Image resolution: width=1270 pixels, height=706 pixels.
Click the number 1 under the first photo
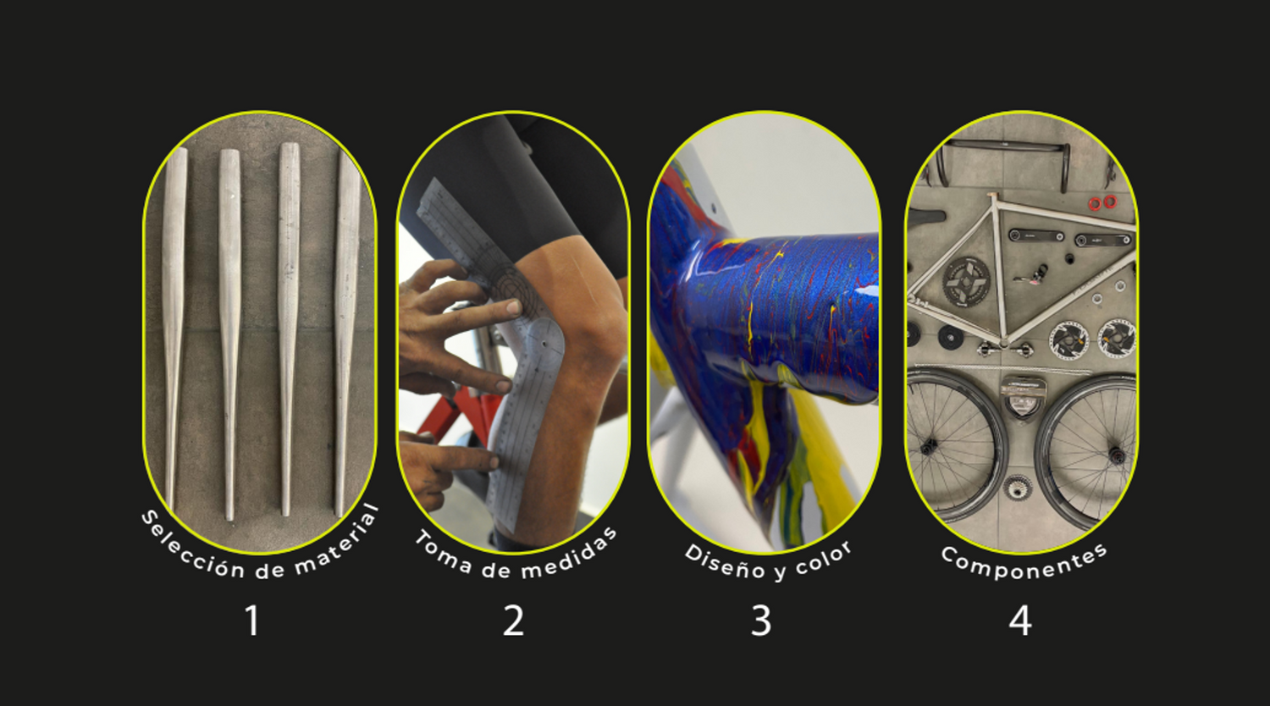coord(252,621)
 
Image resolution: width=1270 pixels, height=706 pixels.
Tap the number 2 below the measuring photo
coord(513,621)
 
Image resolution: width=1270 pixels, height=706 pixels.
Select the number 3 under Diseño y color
coord(761,621)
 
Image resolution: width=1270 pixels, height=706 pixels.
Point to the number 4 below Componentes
coord(1020,621)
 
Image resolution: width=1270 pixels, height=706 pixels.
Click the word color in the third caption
coord(824,558)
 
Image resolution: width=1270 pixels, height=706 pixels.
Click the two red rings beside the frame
coord(1102,201)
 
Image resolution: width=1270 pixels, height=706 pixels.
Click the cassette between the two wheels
coord(1017,488)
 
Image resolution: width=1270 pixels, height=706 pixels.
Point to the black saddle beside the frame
coord(926,217)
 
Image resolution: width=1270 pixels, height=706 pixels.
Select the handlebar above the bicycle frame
coord(1007,159)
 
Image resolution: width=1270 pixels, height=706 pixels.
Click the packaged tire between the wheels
coord(1024,396)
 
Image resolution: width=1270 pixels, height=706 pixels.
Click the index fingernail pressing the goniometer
coord(514,307)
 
